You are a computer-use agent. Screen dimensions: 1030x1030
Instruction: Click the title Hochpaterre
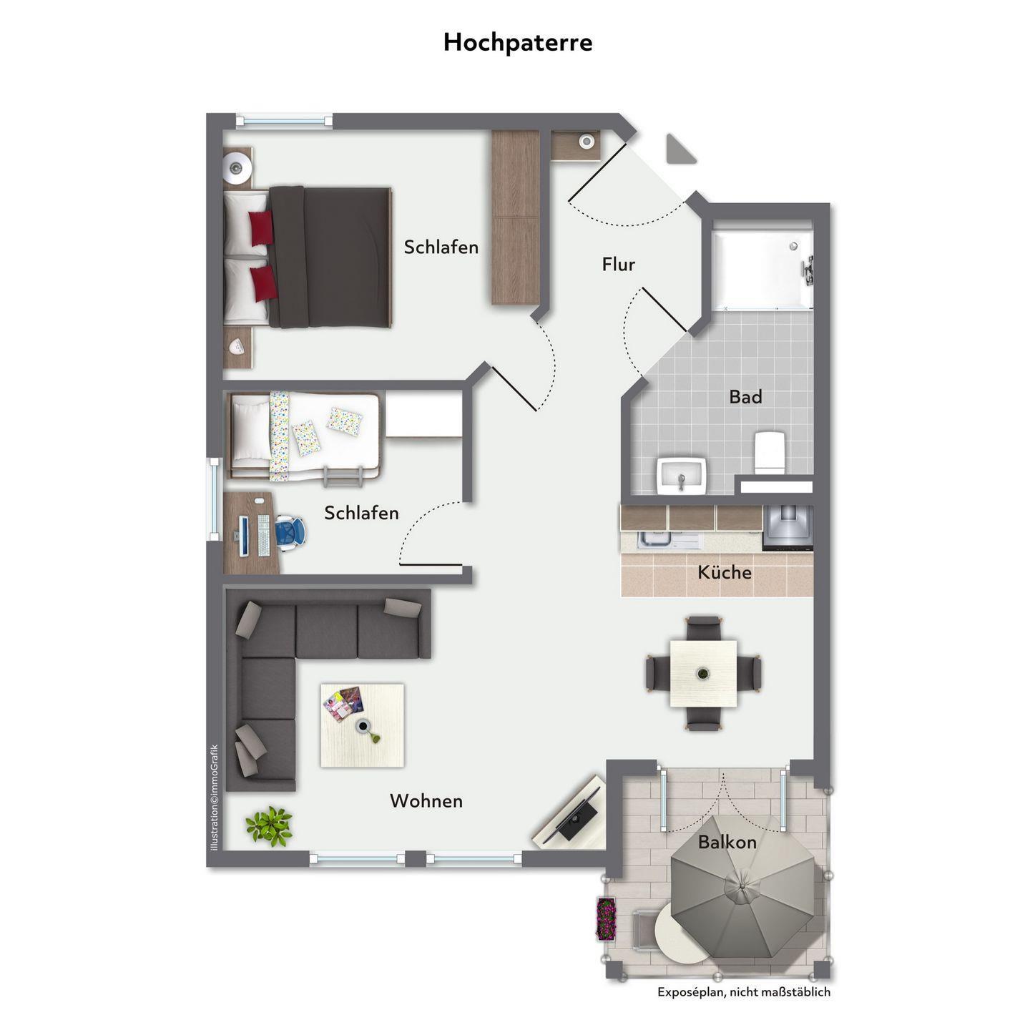(x=517, y=42)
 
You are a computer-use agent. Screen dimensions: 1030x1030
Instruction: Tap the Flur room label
(x=619, y=264)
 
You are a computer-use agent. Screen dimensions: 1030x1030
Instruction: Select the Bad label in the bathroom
(x=745, y=396)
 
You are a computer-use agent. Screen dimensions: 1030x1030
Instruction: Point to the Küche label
(x=725, y=572)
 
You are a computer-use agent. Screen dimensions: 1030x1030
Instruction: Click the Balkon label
(x=727, y=842)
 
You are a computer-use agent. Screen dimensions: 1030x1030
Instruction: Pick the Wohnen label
(x=426, y=800)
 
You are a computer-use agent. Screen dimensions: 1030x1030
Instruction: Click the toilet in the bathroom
(x=769, y=452)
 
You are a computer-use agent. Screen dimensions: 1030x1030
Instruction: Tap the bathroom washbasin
(x=681, y=475)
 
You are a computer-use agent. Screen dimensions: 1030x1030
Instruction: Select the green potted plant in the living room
(x=269, y=826)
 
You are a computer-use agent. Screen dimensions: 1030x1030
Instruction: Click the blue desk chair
(x=290, y=532)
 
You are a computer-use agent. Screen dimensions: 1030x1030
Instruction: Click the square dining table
(x=703, y=673)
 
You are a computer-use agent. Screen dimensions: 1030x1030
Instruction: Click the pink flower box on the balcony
(x=606, y=919)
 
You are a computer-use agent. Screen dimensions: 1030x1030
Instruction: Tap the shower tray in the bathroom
(x=762, y=268)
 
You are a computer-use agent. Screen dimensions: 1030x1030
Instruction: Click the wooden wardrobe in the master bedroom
(x=515, y=217)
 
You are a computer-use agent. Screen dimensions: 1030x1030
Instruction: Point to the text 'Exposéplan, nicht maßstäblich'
(x=743, y=992)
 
